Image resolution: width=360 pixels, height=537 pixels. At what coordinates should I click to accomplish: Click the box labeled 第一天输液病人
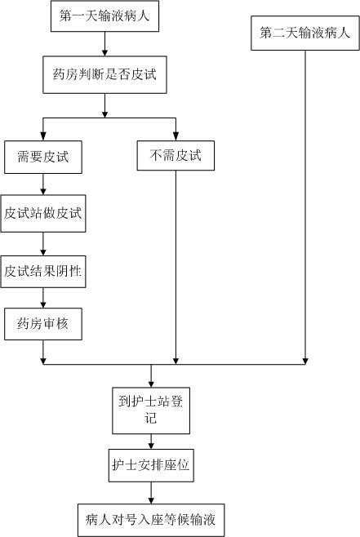104,16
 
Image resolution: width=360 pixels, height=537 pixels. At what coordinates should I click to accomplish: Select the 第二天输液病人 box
305,33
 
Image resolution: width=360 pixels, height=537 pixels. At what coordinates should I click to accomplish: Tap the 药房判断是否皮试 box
104,74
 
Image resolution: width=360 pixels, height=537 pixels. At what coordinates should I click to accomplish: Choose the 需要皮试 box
43,157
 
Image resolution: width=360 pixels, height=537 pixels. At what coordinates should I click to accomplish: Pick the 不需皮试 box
176,156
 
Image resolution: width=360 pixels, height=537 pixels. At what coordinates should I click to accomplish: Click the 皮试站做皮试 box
43,213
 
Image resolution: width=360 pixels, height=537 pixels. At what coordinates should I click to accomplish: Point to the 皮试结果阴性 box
43,272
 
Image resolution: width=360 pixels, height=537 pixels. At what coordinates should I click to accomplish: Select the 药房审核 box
43,324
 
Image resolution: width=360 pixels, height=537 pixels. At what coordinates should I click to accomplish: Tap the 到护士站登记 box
151,411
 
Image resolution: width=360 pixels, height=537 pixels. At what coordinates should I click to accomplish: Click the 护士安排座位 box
151,465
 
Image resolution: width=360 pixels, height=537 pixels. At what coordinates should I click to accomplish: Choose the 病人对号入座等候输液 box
151,520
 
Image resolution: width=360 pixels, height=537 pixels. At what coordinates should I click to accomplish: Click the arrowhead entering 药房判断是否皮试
104,53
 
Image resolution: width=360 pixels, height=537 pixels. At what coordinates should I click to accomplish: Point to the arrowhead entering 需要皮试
43,137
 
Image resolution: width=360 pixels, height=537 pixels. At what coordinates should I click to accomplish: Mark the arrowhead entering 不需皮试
176,137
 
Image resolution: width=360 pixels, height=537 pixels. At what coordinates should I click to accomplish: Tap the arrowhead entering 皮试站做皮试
43,192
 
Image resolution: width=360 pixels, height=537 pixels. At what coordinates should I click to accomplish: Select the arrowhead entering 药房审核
43,304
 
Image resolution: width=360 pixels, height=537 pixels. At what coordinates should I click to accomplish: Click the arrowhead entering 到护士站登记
151,384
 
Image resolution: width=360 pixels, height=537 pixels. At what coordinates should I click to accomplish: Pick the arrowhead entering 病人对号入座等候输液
151,500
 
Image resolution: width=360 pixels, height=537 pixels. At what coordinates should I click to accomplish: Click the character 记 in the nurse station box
151,418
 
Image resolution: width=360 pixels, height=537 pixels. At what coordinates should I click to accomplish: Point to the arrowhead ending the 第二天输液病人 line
305,361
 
